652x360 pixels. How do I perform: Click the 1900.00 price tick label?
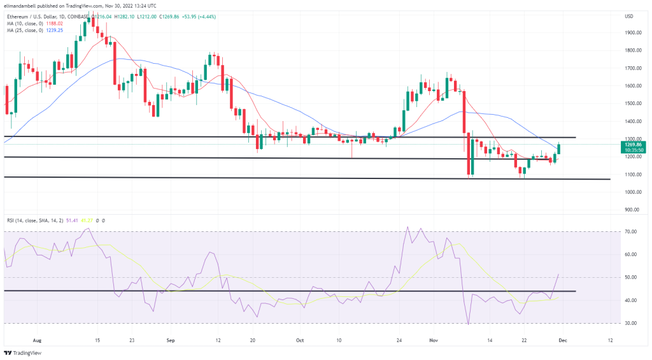pyautogui.click(x=632, y=32)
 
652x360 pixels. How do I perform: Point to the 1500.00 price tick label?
pyautogui.click(x=632, y=103)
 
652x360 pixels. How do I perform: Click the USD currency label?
pyautogui.click(x=630, y=15)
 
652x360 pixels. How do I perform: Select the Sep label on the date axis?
pyautogui.click(x=169, y=340)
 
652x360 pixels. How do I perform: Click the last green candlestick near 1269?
pyautogui.click(x=559, y=148)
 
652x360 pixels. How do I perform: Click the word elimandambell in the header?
pyautogui.click(x=21, y=5)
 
